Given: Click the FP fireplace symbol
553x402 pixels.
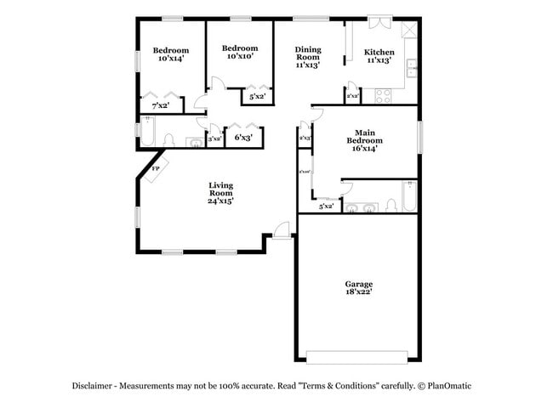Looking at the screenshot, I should click(x=156, y=169).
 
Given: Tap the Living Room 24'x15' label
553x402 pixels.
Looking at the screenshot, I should click(x=221, y=193).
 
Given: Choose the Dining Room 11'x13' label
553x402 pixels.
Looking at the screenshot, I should click(x=307, y=56).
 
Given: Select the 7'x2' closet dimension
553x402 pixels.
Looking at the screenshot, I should click(x=160, y=106).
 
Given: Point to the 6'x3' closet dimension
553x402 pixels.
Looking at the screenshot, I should click(x=242, y=138).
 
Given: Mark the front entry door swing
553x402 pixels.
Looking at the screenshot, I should click(x=281, y=227).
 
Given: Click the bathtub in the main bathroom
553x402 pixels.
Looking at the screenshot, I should click(x=409, y=196).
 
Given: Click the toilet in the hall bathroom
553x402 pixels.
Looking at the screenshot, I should click(x=168, y=139).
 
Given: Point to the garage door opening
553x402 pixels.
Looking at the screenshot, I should click(x=357, y=356).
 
